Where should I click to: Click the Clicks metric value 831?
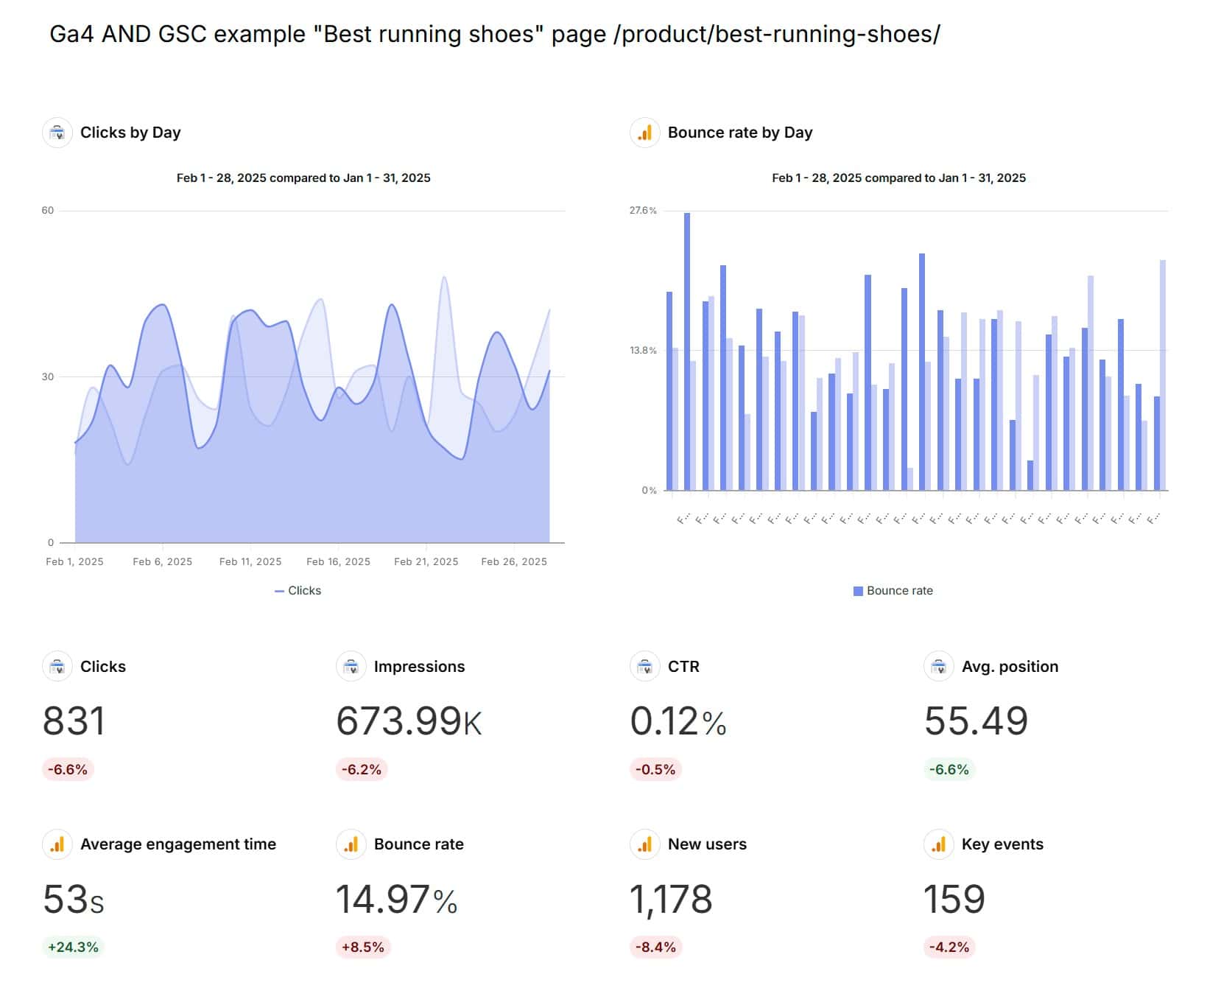pyautogui.click(x=74, y=721)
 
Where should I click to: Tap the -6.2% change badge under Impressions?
pyautogui.click(x=361, y=769)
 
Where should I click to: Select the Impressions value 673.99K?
pyautogui.click(x=409, y=721)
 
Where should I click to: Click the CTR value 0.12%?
pyautogui.click(x=678, y=721)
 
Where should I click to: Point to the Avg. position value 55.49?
pyautogui.click(x=976, y=721)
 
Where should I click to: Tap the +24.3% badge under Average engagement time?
pyautogui.click(x=73, y=947)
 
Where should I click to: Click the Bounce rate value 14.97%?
pyautogui.click(x=396, y=900)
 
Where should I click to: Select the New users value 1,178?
pyautogui.click(x=671, y=900)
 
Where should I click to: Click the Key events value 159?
pyautogui.click(x=954, y=900)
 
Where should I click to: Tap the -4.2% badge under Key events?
pyautogui.click(x=949, y=947)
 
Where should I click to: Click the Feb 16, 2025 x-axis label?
pyautogui.click(x=338, y=561)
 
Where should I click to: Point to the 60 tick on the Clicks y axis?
pyautogui.click(x=48, y=211)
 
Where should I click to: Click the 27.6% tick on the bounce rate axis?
pyautogui.click(x=642, y=211)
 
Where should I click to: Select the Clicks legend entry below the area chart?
pyautogui.click(x=298, y=591)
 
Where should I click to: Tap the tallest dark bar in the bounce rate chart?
pyautogui.click(x=687, y=351)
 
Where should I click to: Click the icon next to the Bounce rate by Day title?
pyautogui.click(x=645, y=133)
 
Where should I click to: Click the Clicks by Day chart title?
pyautogui.click(x=130, y=133)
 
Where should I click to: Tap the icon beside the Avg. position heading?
pyautogui.click(x=938, y=667)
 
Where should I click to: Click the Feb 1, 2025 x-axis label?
pyautogui.click(x=74, y=561)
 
